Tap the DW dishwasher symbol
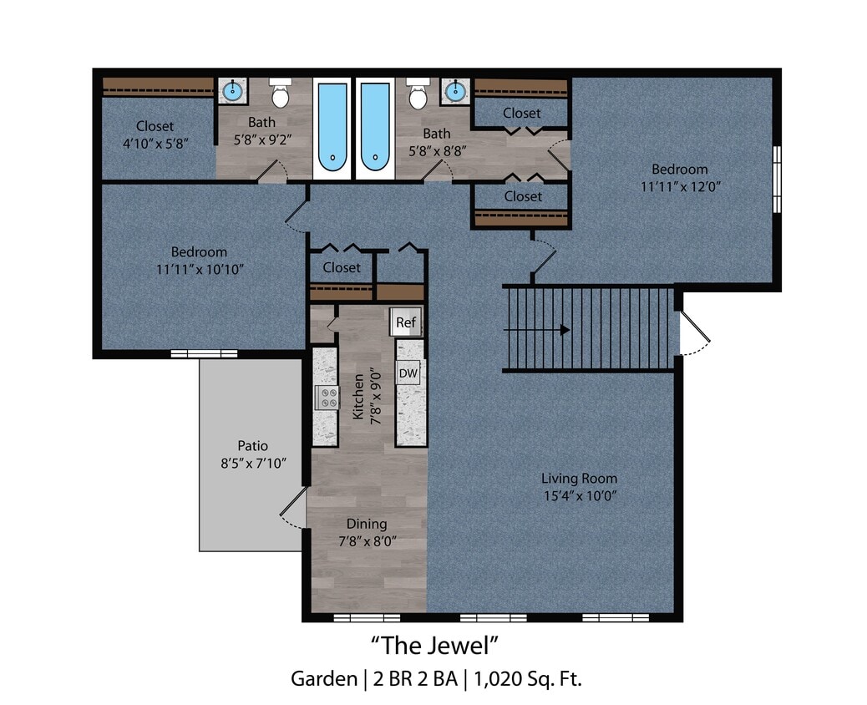tap(408, 373)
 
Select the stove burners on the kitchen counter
tap(327, 398)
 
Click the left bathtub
tap(332, 126)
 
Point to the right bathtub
tap(374, 126)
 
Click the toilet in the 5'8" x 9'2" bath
tap(280, 95)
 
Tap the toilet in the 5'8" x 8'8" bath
tap(418, 95)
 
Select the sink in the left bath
tap(233, 91)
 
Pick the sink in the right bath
tap(455, 91)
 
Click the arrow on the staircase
tap(564, 330)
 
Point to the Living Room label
tap(579, 479)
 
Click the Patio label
tap(252, 445)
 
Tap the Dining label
tap(367, 524)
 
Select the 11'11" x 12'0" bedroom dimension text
tap(680, 186)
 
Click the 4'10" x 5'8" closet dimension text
tap(155, 143)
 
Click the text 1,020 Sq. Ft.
tap(527, 678)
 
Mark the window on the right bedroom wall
tap(776, 180)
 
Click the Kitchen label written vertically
tap(358, 397)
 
